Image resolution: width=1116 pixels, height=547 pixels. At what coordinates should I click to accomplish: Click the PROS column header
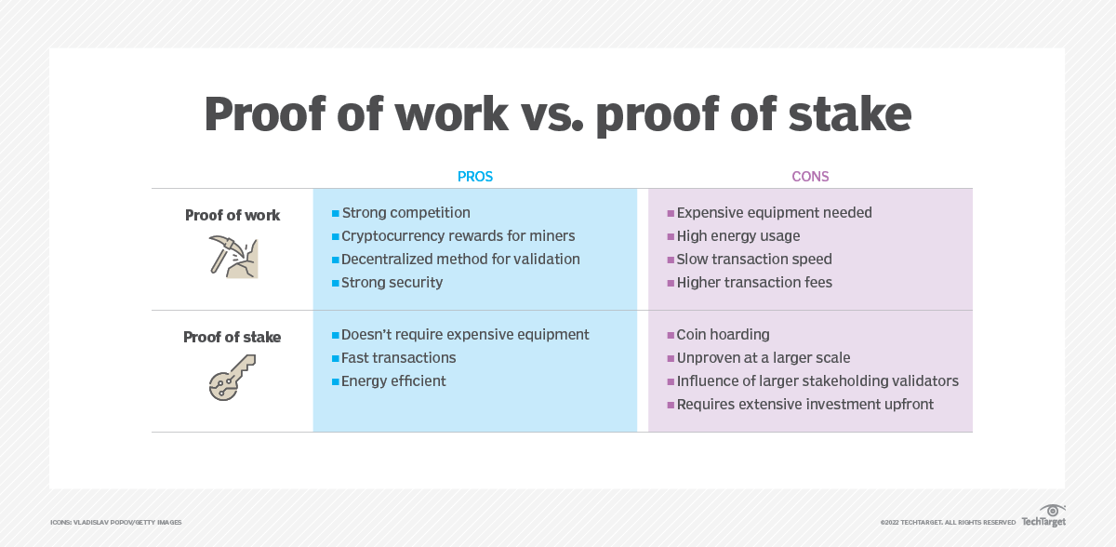click(x=475, y=177)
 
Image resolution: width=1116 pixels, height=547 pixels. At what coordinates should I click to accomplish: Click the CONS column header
click(x=810, y=177)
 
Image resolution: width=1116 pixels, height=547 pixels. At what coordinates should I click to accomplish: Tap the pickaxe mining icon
click(x=233, y=257)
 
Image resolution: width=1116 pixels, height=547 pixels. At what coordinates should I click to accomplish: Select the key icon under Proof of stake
click(x=232, y=378)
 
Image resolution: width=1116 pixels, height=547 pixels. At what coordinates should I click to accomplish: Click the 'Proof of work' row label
click(x=232, y=215)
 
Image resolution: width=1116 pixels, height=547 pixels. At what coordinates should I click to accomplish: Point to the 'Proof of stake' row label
click(x=232, y=338)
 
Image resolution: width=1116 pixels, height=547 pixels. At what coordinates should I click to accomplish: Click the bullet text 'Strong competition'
click(x=405, y=213)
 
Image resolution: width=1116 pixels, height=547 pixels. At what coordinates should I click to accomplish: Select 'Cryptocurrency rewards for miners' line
click(x=458, y=235)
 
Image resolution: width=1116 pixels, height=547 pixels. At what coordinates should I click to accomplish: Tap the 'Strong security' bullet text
click(x=392, y=283)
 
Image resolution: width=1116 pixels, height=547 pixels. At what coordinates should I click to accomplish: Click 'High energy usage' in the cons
click(x=738, y=235)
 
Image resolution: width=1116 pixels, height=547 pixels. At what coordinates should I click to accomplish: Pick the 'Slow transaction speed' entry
click(x=754, y=259)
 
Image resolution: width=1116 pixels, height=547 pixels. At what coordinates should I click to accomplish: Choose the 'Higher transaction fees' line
click(x=754, y=283)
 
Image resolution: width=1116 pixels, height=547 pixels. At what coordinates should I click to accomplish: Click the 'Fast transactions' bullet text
click(x=399, y=358)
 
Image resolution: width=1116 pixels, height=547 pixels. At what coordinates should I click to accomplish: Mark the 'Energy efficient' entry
click(x=393, y=381)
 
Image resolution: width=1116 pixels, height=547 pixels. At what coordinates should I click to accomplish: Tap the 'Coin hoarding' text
click(x=723, y=334)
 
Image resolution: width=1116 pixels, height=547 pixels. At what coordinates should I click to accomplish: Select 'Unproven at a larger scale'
click(x=764, y=358)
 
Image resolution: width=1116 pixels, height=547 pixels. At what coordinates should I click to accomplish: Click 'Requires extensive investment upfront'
click(x=805, y=404)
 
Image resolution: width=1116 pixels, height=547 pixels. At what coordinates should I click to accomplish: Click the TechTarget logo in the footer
click(x=1043, y=516)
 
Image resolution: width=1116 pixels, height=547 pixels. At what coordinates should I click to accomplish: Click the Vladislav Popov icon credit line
click(x=116, y=522)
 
